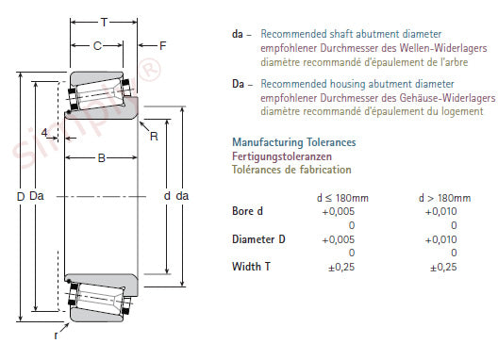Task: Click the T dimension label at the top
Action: [x=104, y=23]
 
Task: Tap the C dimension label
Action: [x=97, y=46]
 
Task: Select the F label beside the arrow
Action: [x=162, y=46]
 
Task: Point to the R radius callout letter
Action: [x=154, y=137]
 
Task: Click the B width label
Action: [x=101, y=158]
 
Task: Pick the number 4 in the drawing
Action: [x=44, y=132]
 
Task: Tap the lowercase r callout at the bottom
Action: [x=56, y=335]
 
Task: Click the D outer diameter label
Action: [x=21, y=197]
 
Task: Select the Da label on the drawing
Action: [x=37, y=196]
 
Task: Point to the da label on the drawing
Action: [x=182, y=196]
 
